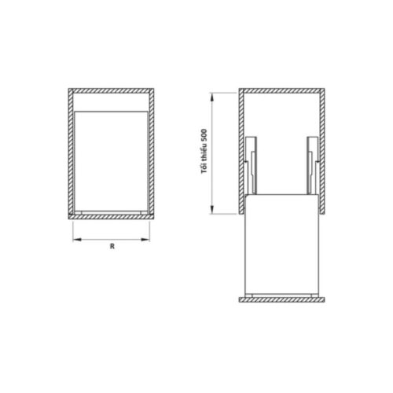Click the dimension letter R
(112, 247)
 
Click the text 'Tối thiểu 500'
(204, 152)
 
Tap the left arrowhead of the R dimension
(75, 241)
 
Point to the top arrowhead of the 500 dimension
(212, 95)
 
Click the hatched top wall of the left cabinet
(111, 91)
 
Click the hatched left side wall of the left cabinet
(70, 153)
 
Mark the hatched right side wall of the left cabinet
(152, 153)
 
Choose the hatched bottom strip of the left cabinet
(111, 214)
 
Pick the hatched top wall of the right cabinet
(281, 91)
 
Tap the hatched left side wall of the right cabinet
(241, 149)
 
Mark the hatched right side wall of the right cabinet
(321, 149)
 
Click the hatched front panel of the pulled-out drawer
(281, 299)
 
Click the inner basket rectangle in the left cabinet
(111, 161)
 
